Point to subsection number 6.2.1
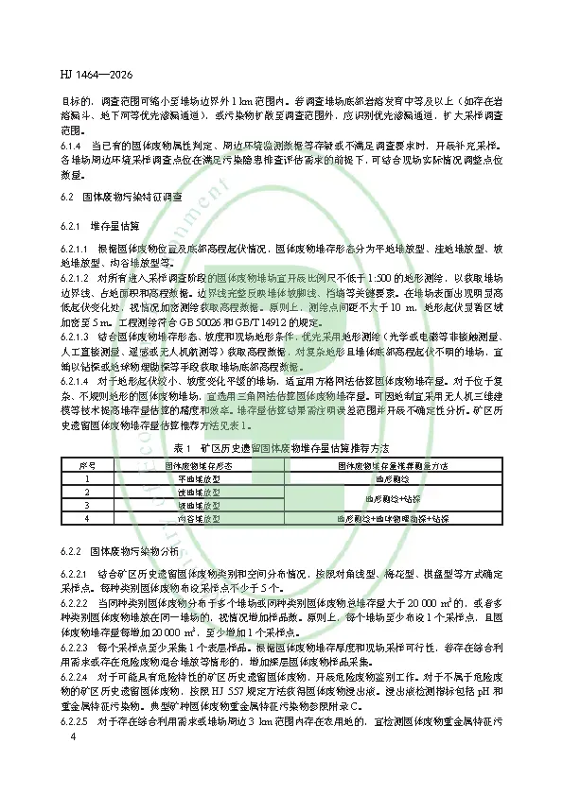(70, 228)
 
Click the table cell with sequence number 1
(87, 479)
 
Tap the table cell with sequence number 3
(87, 506)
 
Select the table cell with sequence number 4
(87, 519)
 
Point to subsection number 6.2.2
(70, 549)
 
